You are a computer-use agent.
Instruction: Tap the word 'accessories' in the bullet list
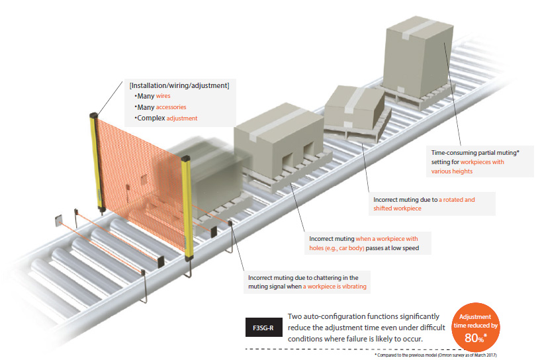click(x=171, y=107)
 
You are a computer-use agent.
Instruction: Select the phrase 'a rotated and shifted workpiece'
click(x=424, y=204)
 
